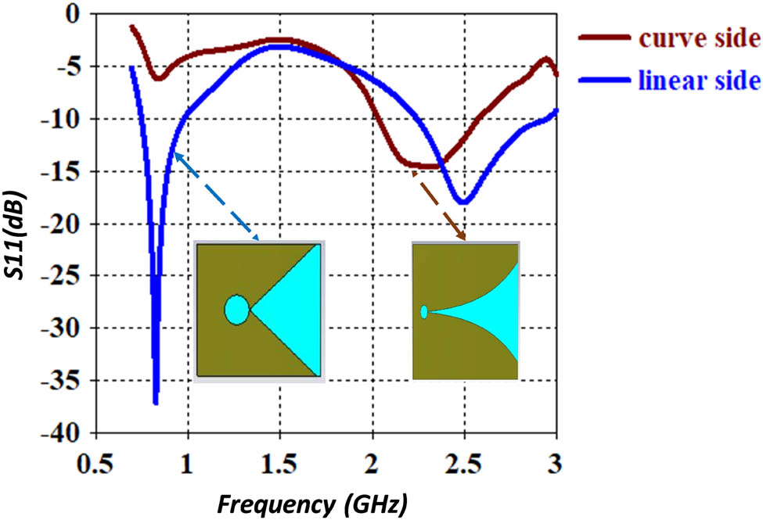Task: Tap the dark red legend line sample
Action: [x=604, y=37]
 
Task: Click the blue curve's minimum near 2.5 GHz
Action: [x=464, y=203]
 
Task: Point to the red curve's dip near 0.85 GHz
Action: [x=159, y=78]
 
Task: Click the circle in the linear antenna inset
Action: [x=236, y=310]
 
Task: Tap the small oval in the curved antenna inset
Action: [x=423, y=312]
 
